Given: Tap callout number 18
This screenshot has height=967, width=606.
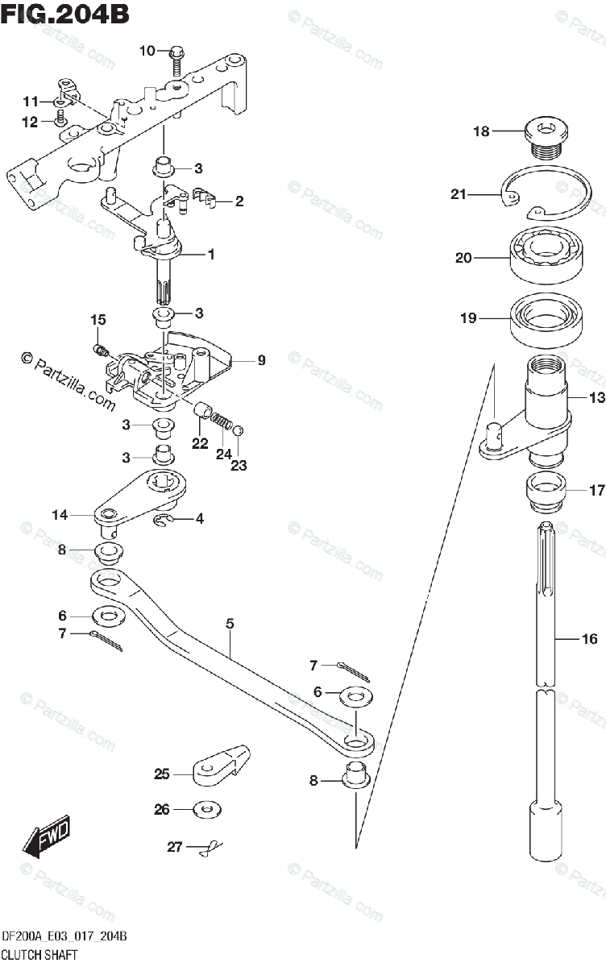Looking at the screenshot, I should (481, 131).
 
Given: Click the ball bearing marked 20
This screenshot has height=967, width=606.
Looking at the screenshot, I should (546, 257).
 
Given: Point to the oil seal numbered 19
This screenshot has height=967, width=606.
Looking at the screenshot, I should (548, 320).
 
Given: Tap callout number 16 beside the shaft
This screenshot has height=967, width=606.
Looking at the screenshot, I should (590, 639).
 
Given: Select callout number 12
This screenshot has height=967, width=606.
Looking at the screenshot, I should (30, 122).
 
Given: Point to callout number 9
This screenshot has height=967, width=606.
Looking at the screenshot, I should (261, 360).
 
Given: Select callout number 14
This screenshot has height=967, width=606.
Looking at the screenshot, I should (60, 513).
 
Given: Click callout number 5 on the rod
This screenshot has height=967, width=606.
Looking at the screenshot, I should (230, 623).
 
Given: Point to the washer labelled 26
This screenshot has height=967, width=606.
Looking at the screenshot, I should (207, 808).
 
